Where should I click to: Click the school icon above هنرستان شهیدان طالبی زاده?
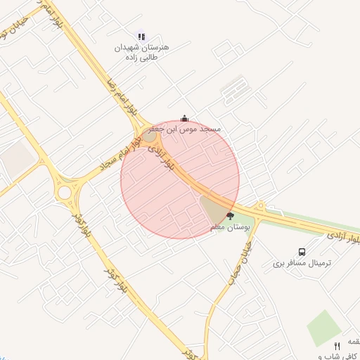pyautogui.click(x=143, y=36)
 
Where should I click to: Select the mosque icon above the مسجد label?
pyautogui.click(x=185, y=118)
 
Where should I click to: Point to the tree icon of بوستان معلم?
pyautogui.click(x=230, y=217)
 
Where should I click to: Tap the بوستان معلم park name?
pyautogui.click(x=227, y=228)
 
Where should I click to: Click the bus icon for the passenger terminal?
pyautogui.click(x=302, y=252)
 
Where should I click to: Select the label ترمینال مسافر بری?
pyautogui.click(x=302, y=263)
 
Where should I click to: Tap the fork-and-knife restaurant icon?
pyautogui.click(x=337, y=346)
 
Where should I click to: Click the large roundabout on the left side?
pyautogui.click(x=65, y=191)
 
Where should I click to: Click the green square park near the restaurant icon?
pyautogui.click(x=324, y=328)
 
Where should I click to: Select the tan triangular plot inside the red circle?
pyautogui.click(x=213, y=208)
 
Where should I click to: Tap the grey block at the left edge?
pyautogui.click(x=15, y=160)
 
